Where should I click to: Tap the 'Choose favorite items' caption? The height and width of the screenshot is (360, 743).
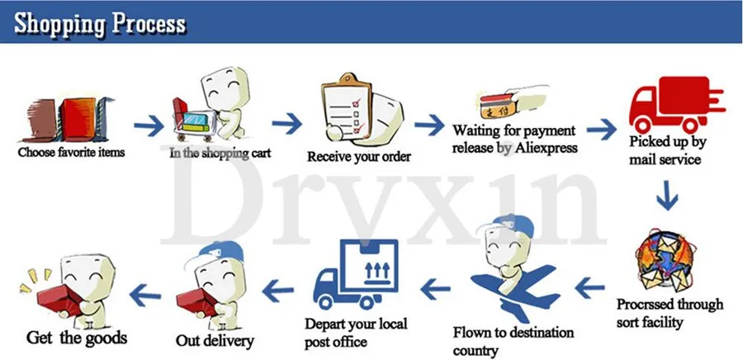coord(71,152)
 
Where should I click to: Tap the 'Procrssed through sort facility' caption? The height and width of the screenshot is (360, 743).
coord(670,312)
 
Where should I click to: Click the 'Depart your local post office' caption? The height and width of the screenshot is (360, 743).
coord(356,331)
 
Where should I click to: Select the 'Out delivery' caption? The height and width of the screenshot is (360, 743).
coord(215,339)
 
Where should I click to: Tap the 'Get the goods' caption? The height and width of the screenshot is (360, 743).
coord(77,337)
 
